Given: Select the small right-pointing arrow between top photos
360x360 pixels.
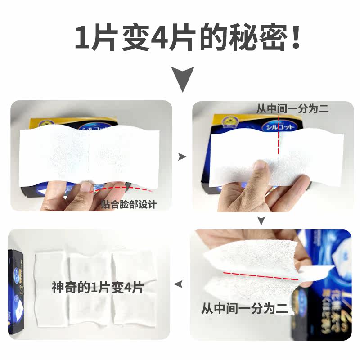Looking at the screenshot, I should tap(182, 157).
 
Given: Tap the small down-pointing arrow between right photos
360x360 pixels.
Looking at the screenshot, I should tap(261, 220).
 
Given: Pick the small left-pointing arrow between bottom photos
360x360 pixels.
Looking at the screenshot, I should tap(179, 283).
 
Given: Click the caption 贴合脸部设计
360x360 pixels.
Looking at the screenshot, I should tap(129, 205).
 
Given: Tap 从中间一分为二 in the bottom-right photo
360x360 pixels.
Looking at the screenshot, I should tap(244, 310).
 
